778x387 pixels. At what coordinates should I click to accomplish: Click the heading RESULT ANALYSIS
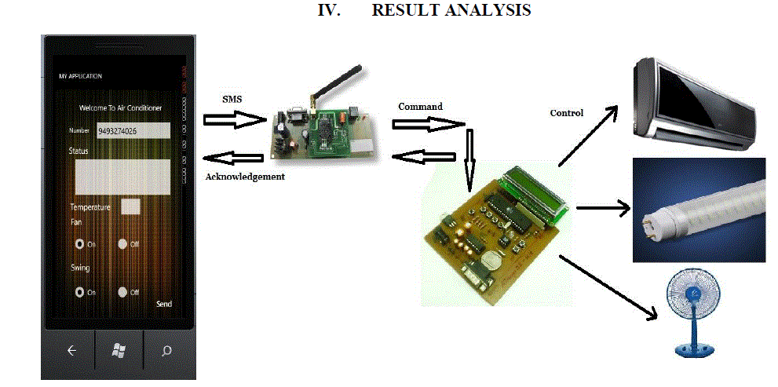451,10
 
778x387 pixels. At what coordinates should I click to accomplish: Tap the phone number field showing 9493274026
133,131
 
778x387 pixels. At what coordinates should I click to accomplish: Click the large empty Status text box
122,177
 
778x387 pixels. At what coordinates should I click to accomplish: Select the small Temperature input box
131,206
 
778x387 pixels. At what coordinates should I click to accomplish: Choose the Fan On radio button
79,244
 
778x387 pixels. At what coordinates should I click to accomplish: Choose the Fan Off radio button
122,244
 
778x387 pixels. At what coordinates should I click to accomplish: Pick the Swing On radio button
79,292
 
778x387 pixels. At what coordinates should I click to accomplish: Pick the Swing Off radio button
122,292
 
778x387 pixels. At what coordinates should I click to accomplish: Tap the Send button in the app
163,304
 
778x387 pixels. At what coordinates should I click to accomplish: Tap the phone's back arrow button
71,351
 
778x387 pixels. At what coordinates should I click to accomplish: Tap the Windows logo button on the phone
119,351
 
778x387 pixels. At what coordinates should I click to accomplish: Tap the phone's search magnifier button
166,351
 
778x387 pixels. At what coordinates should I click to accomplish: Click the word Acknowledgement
244,177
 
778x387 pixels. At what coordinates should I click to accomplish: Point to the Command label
420,106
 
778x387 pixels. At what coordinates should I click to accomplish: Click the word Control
566,113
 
